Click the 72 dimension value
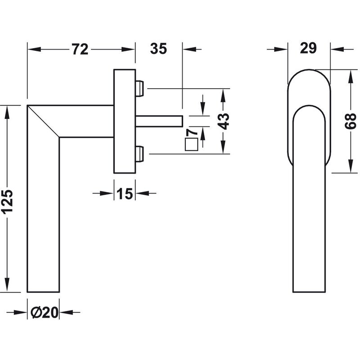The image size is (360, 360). point(80,49)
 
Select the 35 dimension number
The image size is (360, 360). point(158,49)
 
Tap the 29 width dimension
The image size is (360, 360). point(308,48)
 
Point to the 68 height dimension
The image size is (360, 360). point(351,121)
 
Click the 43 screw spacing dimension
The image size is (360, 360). point(223,121)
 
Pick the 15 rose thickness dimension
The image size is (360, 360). point(125,193)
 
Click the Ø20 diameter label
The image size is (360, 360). point(44,312)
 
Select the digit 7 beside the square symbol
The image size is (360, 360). point(192,132)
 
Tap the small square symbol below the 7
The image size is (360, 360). point(192,144)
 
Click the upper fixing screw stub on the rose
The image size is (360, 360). point(139,88)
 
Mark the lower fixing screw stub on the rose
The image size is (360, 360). point(139,154)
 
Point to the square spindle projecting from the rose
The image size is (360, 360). point(159,121)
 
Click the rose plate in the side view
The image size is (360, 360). point(125,121)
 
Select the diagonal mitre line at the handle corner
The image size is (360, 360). point(43,121)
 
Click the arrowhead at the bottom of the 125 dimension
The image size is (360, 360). point(8,285)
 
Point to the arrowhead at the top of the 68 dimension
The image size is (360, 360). point(351,76)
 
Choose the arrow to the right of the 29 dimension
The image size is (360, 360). point(342,49)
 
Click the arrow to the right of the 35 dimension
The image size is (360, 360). point(192,49)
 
